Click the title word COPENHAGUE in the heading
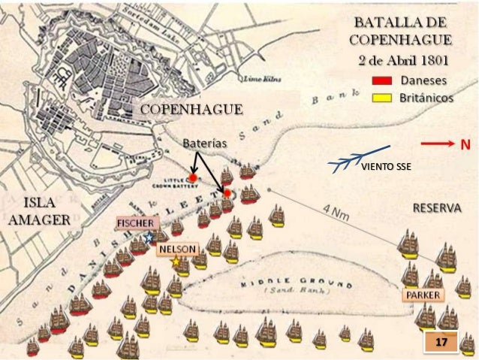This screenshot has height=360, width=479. coord(400,40)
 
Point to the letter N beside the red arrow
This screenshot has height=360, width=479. coord(465,145)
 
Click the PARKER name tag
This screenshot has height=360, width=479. coord(423,294)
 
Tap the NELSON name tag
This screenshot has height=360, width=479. coord(177,250)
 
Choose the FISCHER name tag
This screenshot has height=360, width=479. coord(136,224)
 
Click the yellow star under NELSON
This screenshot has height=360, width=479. coord(176,262)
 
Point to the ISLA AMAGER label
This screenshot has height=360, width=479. coord(38,211)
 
